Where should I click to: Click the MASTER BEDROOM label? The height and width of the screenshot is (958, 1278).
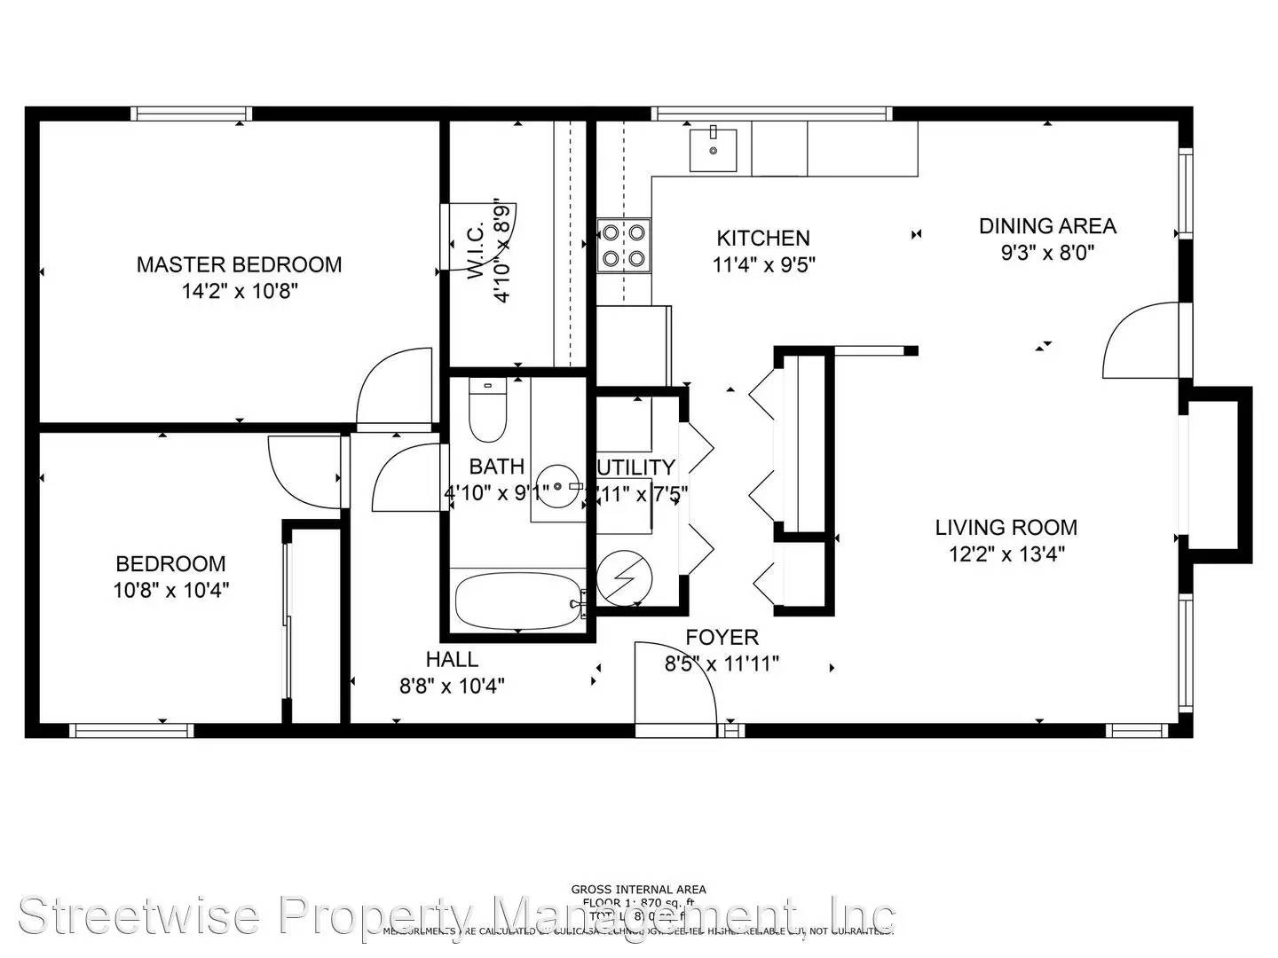coord(239,264)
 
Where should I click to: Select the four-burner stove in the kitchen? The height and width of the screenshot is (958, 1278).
coord(624,246)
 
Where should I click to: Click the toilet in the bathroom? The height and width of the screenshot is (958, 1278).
coord(486,412)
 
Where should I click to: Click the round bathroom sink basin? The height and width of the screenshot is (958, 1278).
coord(557,487)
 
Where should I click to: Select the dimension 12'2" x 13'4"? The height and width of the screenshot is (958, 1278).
coord(1006,554)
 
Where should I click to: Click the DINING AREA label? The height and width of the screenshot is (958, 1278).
coord(1047,226)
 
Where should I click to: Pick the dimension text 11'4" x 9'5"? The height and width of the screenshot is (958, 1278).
coord(763,264)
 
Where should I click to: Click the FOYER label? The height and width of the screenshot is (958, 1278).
coord(722,637)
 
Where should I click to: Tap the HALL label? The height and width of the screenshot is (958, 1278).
coord(452,659)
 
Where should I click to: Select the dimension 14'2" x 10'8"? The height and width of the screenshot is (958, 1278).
coord(239,291)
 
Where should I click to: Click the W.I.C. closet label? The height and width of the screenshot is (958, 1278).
coord(477,252)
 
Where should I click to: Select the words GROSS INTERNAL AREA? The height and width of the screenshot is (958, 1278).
coord(638,889)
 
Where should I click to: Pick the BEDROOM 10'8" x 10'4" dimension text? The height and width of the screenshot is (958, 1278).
coord(171,590)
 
